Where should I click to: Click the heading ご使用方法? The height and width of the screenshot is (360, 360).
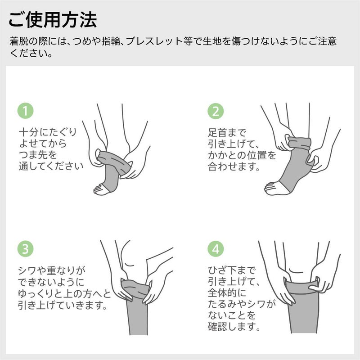tap(53, 20)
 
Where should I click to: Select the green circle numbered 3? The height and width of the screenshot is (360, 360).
tap(25, 249)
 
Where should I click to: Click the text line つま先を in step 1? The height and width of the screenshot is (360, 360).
tap(38, 155)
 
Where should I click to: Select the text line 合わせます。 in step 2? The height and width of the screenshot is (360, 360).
tap(234, 167)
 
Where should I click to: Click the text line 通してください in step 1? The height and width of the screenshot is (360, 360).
tap(50, 166)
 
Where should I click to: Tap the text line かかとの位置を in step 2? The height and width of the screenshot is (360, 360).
tap(242, 156)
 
